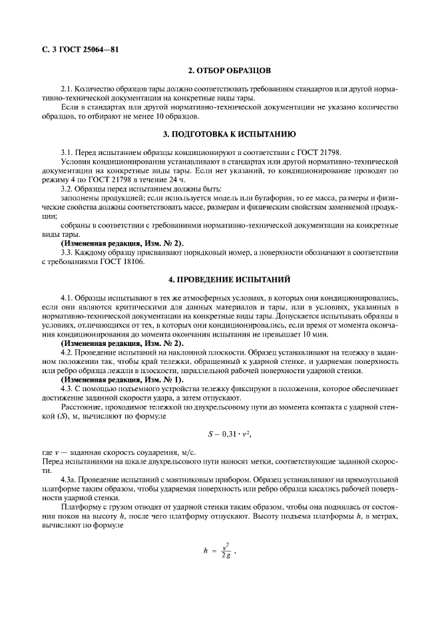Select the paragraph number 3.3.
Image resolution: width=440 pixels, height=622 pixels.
pyautogui.click(x=65, y=253)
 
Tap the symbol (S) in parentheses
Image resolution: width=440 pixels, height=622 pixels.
pyautogui.click(x=67, y=414)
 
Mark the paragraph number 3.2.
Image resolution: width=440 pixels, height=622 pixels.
pyautogui.click(x=65, y=189)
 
